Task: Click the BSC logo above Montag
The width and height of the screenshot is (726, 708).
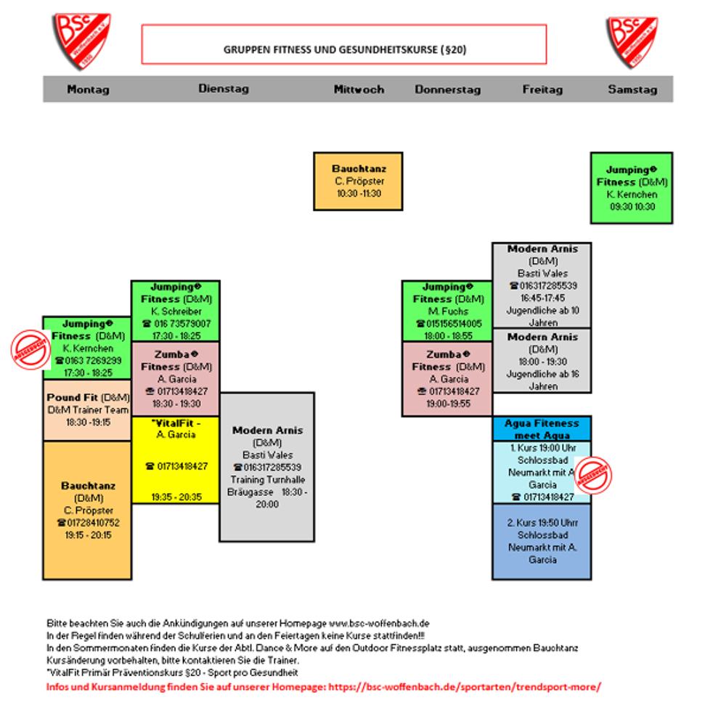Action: pyautogui.click(x=81, y=41)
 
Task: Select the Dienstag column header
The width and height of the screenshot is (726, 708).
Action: pyautogui.click(x=224, y=89)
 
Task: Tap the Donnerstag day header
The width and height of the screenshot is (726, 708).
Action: pyautogui.click(x=447, y=89)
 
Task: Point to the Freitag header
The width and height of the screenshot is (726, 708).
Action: pyautogui.click(x=542, y=89)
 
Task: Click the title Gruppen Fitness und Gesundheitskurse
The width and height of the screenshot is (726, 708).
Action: pyautogui.click(x=343, y=49)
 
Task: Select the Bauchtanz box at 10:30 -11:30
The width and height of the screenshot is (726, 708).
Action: pyautogui.click(x=358, y=181)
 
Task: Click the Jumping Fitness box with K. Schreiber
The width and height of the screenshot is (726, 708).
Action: pyautogui.click(x=175, y=311)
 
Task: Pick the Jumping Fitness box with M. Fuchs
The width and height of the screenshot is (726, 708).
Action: pyautogui.click(x=446, y=311)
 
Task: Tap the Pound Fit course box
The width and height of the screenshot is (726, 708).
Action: pyautogui.click(x=87, y=410)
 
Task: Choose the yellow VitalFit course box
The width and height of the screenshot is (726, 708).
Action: pyautogui.click(x=175, y=460)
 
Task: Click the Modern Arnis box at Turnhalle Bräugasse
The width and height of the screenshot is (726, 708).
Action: pyautogui.click(x=266, y=467)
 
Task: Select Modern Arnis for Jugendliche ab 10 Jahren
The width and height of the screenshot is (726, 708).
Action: pyautogui.click(x=542, y=285)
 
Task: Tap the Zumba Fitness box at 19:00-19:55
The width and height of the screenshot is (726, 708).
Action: pyautogui.click(x=446, y=378)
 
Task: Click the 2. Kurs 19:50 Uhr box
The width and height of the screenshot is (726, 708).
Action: pyautogui.click(x=542, y=541)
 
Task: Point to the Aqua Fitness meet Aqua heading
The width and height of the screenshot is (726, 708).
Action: pyautogui.click(x=542, y=428)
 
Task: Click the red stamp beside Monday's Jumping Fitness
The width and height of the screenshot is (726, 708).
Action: pyautogui.click(x=30, y=348)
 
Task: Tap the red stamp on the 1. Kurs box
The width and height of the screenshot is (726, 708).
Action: pyautogui.click(x=593, y=476)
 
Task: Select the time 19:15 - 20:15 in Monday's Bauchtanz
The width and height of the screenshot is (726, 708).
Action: pyautogui.click(x=87, y=535)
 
